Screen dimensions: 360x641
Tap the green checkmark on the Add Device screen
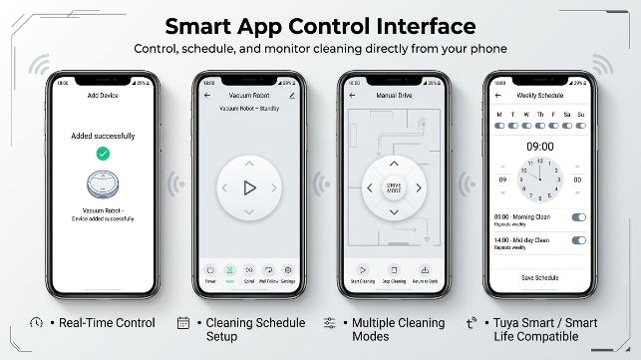pyautogui.click(x=103, y=154)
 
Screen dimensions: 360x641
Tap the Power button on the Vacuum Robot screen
pyautogui.click(x=210, y=270)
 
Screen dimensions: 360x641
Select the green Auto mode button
pyautogui.click(x=229, y=270)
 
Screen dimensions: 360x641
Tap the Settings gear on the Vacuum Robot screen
pyautogui.click(x=287, y=270)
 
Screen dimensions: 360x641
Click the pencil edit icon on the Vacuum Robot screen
pyautogui.click(x=292, y=96)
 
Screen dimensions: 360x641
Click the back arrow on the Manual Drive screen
pyautogui.click(x=352, y=96)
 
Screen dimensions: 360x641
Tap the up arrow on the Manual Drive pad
pyautogui.click(x=393, y=163)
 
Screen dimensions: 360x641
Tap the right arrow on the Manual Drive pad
pyautogui.click(x=419, y=187)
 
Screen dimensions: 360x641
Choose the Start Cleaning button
pyautogui.click(x=362, y=271)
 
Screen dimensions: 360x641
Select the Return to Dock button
pyautogui.click(x=425, y=271)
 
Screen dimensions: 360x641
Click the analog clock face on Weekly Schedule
pyautogui.click(x=538, y=180)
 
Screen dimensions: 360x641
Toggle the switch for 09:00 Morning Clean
pyautogui.click(x=578, y=217)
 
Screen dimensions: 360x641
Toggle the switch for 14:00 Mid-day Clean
pyautogui.click(x=578, y=240)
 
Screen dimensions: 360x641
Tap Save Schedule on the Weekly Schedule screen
pyautogui.click(x=539, y=277)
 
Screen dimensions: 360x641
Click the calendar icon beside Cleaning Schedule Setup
pyautogui.click(x=182, y=323)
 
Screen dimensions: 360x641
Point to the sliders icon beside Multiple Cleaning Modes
pyautogui.click(x=329, y=323)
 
